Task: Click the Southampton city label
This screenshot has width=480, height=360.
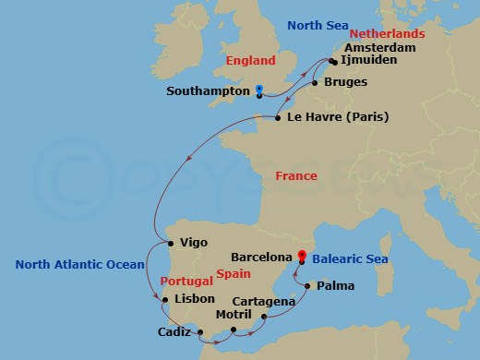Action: click(208, 91)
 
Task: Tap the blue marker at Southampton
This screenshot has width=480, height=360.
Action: click(259, 90)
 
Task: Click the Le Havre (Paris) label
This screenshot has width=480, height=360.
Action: click(338, 117)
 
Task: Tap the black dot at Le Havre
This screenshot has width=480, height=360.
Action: click(279, 118)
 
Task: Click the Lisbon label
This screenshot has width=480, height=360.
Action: click(193, 299)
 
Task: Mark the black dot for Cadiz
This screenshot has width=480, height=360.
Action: click(198, 330)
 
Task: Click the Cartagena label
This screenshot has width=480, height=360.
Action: click(264, 301)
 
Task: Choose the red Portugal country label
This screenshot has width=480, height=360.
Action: click(186, 280)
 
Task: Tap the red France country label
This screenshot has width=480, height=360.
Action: click(296, 175)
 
